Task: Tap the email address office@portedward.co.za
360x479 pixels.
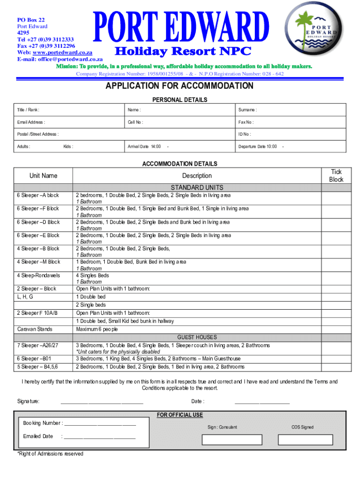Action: tap(70, 59)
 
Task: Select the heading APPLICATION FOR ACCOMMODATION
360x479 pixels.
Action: tap(180, 86)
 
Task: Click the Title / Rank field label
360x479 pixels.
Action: tap(28, 110)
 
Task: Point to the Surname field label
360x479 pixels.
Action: tap(247, 110)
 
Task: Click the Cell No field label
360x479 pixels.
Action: tap(136, 122)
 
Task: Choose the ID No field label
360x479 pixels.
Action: tap(245, 134)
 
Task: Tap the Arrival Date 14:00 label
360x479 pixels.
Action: tap(144, 147)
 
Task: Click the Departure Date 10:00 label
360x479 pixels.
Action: tap(258, 147)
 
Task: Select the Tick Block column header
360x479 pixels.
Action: tap(336, 176)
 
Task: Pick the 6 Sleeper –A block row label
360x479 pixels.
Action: tap(38, 195)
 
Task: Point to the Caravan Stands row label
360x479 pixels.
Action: tap(35, 329)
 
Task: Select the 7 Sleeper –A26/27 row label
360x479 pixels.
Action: tap(38, 345)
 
